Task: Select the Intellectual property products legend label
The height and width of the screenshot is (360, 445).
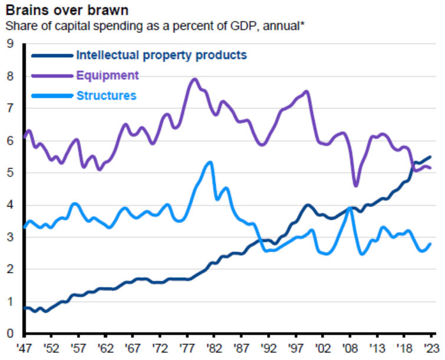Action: pos(161,55)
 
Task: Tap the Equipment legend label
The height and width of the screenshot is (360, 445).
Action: pos(108,75)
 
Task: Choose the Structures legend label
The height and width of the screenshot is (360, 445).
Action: pos(107,95)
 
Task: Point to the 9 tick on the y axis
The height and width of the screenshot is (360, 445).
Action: pos(10,44)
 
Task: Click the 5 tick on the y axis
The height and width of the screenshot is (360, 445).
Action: pos(10,173)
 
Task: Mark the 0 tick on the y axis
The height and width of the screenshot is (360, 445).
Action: pos(10,335)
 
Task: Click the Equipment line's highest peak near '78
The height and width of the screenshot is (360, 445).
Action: pos(195,79)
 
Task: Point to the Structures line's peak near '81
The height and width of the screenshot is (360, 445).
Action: pos(210,163)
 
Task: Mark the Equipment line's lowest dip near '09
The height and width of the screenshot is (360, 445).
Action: pos(355,186)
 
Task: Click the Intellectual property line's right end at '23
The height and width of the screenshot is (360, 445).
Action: pos(430,157)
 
